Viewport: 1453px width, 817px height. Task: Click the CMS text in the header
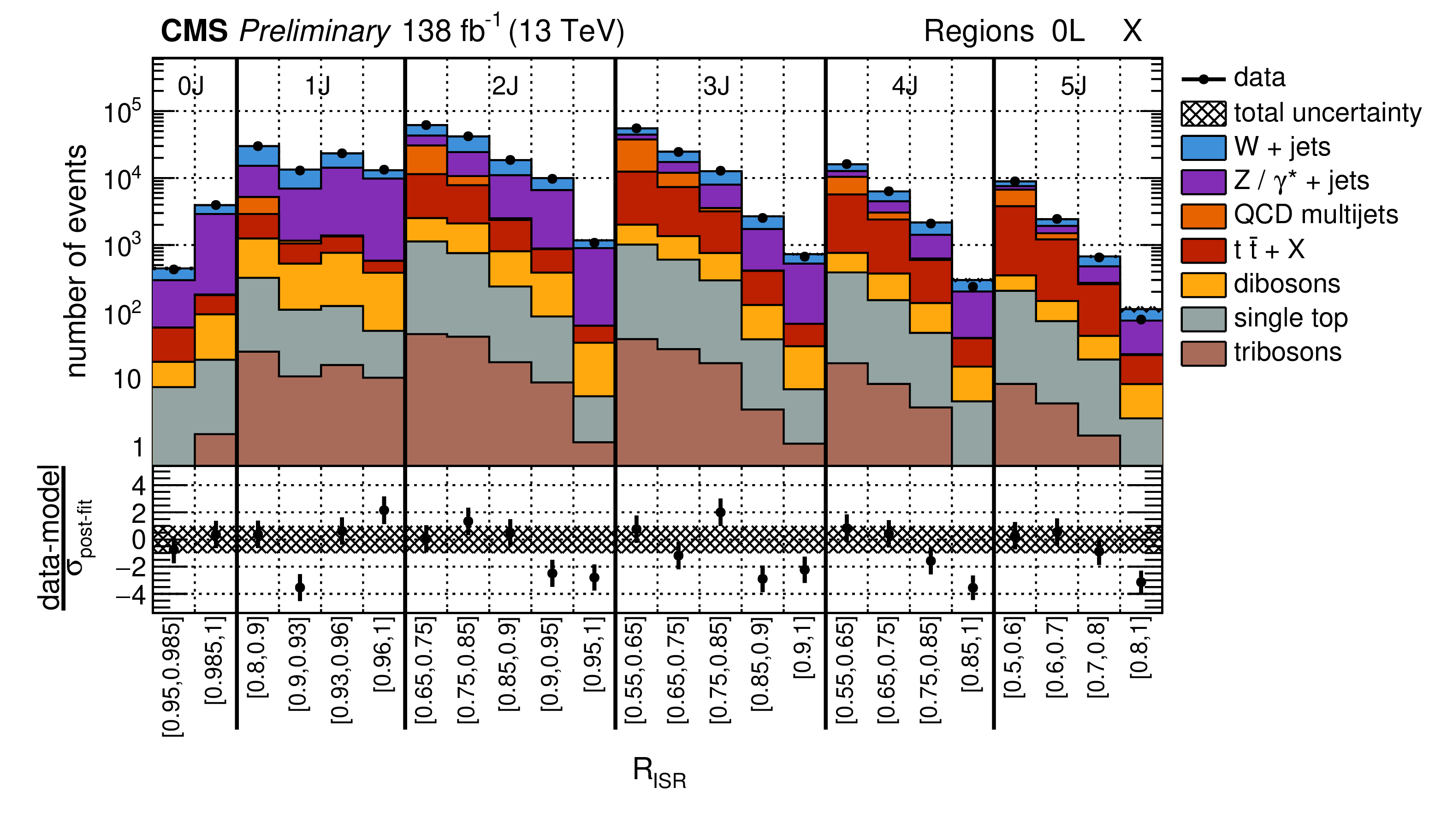click(x=194, y=31)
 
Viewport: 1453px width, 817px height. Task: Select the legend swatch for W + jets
click(x=1203, y=148)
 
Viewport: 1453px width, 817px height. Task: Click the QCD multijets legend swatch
click(x=1203, y=216)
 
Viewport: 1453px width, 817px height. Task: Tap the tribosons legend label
click(x=1287, y=352)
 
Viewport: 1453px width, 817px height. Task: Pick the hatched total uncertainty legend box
click(x=1203, y=113)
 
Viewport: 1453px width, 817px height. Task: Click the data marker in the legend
click(x=1203, y=79)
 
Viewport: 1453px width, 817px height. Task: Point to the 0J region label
click(x=190, y=86)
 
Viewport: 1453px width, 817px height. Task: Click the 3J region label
click(x=716, y=86)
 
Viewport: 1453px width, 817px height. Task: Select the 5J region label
click(x=1073, y=86)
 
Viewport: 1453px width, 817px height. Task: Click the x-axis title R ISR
click(x=659, y=772)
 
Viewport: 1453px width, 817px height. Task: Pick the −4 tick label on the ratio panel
click(x=131, y=594)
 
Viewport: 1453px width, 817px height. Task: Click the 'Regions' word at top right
click(x=978, y=31)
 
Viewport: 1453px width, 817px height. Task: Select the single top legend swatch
click(x=1203, y=319)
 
